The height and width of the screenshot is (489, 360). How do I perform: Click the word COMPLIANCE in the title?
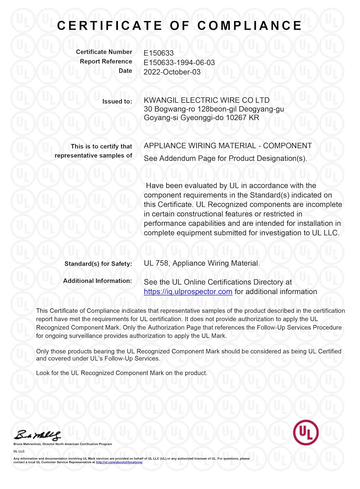click(x=250, y=26)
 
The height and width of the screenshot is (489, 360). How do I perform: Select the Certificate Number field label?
click(x=104, y=52)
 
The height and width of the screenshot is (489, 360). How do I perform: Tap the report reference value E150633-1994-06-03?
click(x=179, y=63)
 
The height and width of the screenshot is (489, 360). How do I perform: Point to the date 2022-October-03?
click(x=172, y=72)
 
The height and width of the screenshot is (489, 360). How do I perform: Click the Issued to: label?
click(x=117, y=101)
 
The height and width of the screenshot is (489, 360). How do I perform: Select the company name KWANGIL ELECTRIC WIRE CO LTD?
click(x=207, y=100)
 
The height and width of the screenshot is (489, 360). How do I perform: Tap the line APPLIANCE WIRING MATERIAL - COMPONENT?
click(x=228, y=146)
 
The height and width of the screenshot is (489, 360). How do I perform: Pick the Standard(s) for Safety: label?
click(x=98, y=264)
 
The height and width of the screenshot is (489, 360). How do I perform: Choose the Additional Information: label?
click(x=97, y=281)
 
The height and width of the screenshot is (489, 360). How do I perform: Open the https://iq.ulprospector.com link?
click(x=188, y=292)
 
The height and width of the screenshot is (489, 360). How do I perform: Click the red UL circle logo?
click(x=306, y=433)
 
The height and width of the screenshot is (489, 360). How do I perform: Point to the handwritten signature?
click(x=37, y=435)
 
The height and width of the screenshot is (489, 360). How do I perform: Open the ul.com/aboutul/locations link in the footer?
click(x=119, y=462)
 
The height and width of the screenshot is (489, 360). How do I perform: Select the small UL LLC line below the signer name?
click(x=19, y=451)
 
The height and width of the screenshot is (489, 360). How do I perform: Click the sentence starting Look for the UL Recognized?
click(x=122, y=373)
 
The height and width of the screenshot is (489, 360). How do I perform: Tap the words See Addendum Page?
click(x=175, y=158)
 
